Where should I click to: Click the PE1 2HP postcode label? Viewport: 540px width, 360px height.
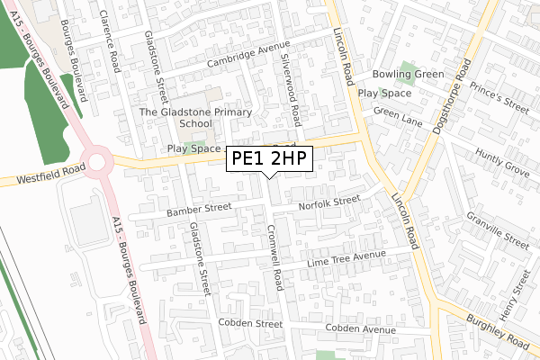(269, 158)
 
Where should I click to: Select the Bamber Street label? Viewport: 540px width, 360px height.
(199, 208)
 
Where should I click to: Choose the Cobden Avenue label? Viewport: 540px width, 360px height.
(361, 329)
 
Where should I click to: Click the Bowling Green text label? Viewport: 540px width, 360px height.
(409, 74)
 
